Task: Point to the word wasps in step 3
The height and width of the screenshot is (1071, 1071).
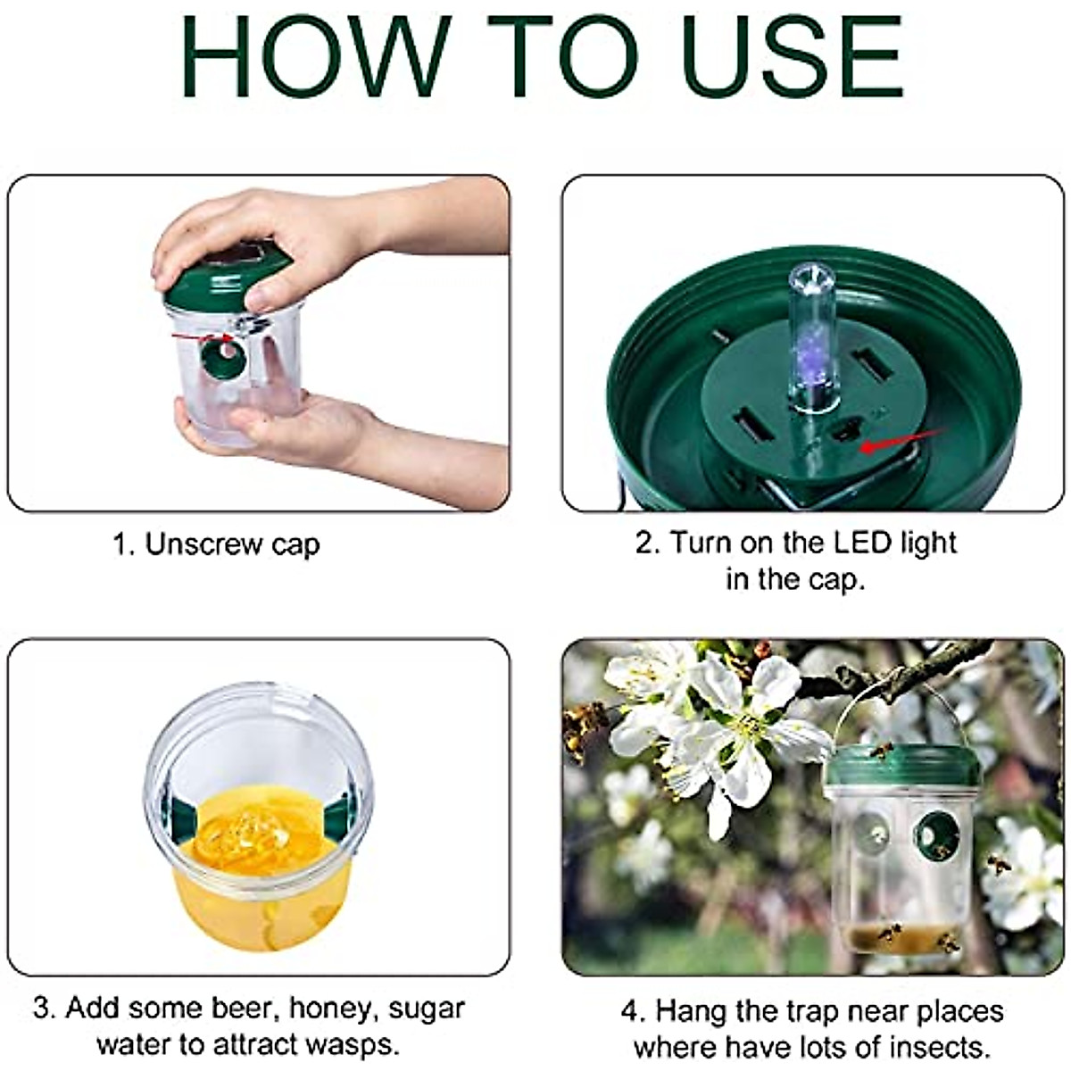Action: [353, 1043]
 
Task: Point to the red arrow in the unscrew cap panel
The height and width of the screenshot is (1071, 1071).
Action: [202, 336]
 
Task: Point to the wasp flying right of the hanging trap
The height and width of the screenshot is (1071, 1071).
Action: [1000, 864]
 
